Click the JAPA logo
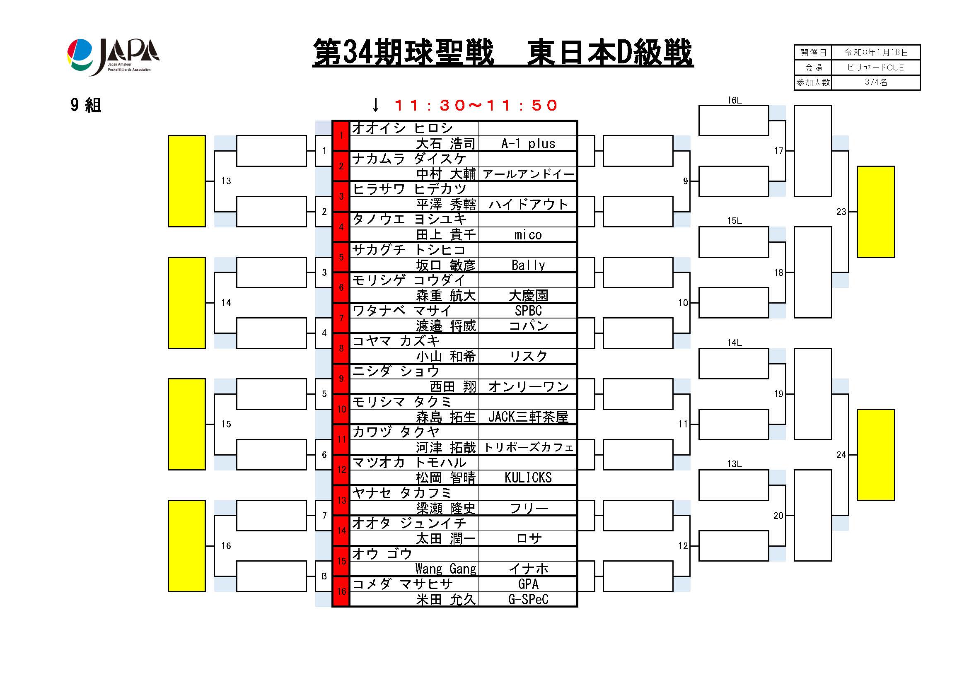click(113, 57)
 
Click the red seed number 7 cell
click(341, 318)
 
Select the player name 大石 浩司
click(446, 144)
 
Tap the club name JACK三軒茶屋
click(528, 417)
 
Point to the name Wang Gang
click(446, 569)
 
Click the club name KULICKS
click(528, 478)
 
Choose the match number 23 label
click(841, 212)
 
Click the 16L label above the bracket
click(735, 100)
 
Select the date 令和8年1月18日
click(876, 52)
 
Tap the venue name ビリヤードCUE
click(876, 68)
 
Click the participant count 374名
click(876, 82)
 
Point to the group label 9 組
click(86, 105)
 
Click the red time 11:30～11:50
click(476, 105)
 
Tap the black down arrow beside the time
click(375, 105)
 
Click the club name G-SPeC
click(528, 599)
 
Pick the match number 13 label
click(226, 181)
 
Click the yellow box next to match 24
click(876, 455)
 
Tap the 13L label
click(735, 464)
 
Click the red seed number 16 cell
click(341, 591)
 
